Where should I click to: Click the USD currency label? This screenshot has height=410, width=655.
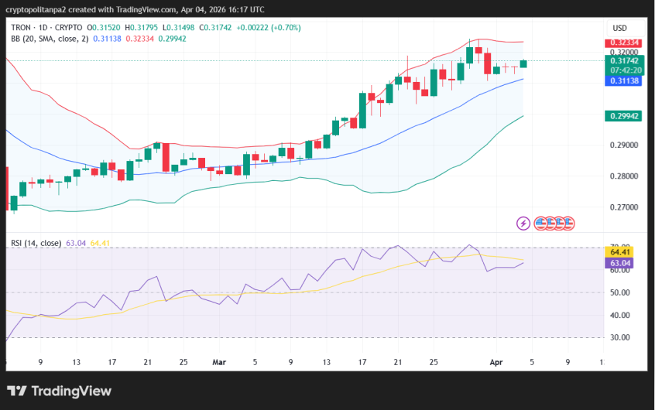coord(619,28)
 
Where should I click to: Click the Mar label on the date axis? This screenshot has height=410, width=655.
coord(218,361)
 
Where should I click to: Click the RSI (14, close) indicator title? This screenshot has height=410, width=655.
coord(36,243)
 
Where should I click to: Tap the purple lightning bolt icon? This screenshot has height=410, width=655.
coord(523,224)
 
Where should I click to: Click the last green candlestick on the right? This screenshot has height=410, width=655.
coord(523,63)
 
